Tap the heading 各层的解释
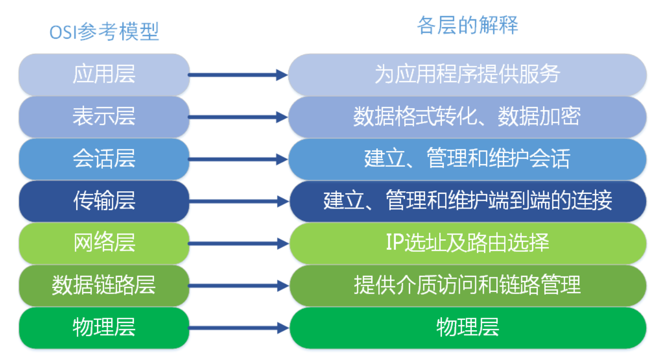pos(467,25)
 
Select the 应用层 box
pos(104,74)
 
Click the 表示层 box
pos(104,117)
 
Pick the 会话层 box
pos(104,159)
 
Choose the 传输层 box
pos(104,201)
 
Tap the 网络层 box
pos(104,243)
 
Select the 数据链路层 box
pos(104,285)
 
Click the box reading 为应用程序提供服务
pos(467,74)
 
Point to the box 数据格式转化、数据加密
pos(467,117)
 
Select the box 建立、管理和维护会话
pos(467,159)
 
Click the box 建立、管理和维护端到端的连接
pos(467,201)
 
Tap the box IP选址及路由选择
pos(467,243)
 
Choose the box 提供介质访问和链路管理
pos(467,285)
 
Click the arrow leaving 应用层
pos(238,75)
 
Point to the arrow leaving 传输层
pos(238,201)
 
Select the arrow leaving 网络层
pos(238,243)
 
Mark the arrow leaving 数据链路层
pos(238,286)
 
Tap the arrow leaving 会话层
pos(238,159)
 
